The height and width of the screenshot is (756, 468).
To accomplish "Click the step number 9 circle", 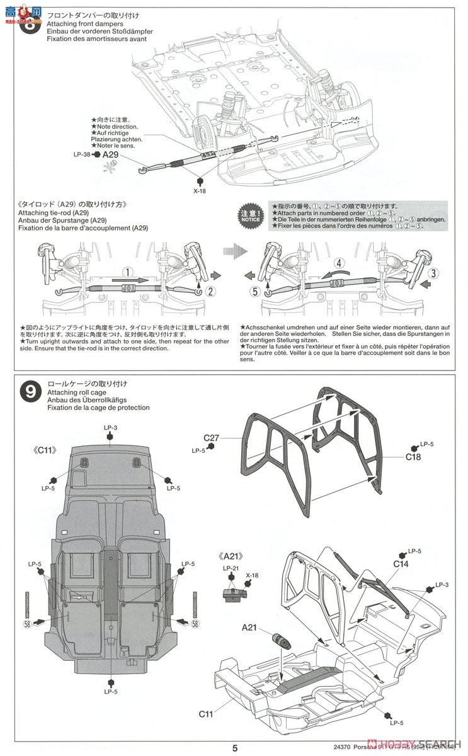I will click(30, 392).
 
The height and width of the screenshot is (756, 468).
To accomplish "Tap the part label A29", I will click(110, 154).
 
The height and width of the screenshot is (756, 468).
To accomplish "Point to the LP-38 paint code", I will click(83, 154).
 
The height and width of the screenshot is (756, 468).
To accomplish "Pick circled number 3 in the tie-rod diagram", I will click(433, 273).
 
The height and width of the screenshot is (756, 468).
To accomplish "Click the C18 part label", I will click(413, 457).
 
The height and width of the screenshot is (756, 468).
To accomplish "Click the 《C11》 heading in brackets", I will click(46, 450).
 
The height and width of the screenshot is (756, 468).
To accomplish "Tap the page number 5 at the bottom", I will click(234, 748).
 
